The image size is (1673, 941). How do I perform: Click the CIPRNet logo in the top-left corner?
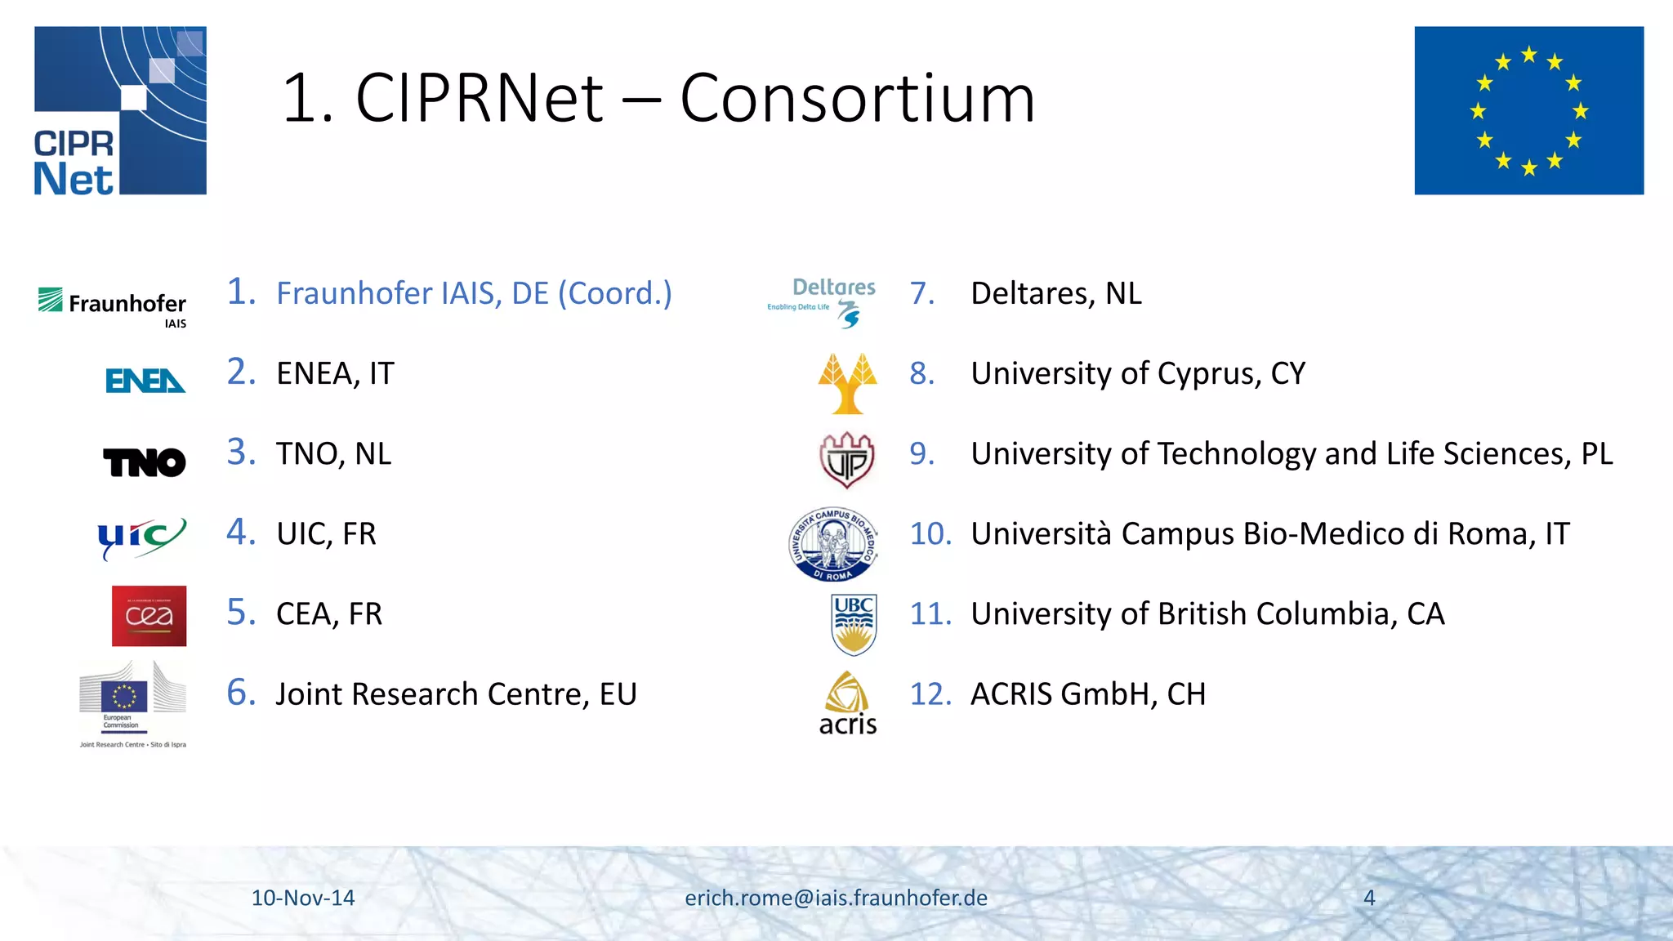point(120,110)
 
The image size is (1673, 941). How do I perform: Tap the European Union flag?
point(1528,110)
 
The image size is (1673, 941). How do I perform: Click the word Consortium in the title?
point(857,99)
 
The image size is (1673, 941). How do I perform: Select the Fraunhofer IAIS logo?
point(113,306)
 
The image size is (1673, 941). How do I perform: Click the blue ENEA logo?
point(145,381)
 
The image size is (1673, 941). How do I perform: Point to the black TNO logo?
point(145,462)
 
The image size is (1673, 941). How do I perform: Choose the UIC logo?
point(141,537)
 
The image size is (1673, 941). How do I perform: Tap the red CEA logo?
point(149,616)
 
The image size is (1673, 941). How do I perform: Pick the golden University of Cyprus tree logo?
point(847,383)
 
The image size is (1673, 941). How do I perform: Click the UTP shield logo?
point(847,461)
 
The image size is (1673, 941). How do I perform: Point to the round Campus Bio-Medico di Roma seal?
point(833,544)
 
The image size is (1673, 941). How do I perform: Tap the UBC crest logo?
point(854,624)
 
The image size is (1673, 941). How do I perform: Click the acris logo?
point(847,703)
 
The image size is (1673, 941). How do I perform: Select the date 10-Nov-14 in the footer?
point(303,898)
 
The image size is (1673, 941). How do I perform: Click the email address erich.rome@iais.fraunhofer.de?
point(836,898)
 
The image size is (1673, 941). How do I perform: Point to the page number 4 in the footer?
point(1369,898)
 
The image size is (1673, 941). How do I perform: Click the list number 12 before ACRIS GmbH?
point(930,694)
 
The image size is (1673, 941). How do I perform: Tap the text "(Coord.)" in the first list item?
point(614,293)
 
